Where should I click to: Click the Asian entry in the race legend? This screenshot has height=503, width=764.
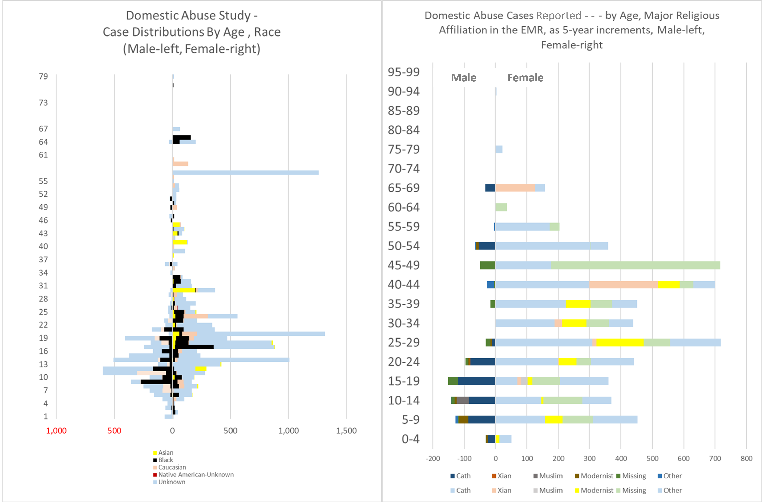point(165,452)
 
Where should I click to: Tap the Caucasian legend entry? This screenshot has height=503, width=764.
point(172,467)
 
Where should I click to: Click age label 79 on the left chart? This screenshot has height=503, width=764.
point(43,76)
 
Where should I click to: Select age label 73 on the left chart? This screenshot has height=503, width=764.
point(43,103)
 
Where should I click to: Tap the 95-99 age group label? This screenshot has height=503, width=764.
point(404,72)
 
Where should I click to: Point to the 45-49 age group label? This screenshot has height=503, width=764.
point(404,265)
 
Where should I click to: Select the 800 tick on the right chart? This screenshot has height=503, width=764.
point(746,459)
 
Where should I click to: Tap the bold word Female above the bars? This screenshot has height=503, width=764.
point(525,78)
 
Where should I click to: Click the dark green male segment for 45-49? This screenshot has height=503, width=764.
point(487,265)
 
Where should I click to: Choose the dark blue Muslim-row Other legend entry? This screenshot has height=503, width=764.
point(672,476)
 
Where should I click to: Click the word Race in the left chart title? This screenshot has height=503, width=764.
point(267,32)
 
